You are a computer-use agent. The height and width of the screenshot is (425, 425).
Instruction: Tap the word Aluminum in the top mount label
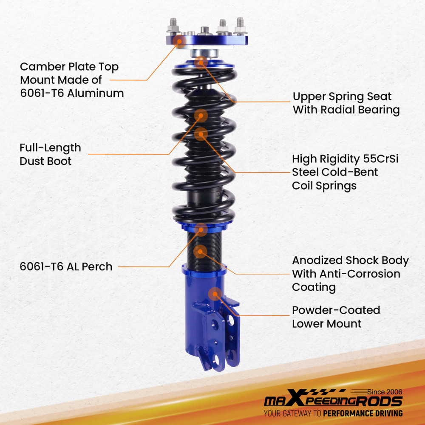tap(95, 93)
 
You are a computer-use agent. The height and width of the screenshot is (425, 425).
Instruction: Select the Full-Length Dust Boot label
tap(50, 155)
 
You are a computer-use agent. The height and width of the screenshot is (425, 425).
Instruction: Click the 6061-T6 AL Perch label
tap(66, 266)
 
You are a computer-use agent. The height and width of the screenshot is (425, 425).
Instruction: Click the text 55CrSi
tap(380, 159)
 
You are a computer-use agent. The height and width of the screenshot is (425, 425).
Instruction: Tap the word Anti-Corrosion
tap(360, 274)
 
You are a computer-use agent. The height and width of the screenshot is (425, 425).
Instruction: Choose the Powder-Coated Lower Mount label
tap(336, 317)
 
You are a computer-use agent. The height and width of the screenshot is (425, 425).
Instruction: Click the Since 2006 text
tap(385, 392)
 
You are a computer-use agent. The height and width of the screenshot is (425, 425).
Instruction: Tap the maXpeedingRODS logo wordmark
tap(333, 399)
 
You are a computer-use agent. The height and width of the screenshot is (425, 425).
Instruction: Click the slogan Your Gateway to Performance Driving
tap(333, 414)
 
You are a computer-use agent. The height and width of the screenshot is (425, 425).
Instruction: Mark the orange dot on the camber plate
tap(179, 42)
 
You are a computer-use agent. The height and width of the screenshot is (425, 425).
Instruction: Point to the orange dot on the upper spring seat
tap(201, 63)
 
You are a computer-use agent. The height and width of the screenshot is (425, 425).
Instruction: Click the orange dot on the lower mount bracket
tap(215, 294)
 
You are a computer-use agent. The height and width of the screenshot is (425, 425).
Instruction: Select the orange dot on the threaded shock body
tap(200, 252)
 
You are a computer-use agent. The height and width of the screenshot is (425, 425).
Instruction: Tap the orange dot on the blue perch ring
tap(201, 229)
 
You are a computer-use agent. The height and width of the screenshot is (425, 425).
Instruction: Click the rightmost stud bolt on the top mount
tap(240, 26)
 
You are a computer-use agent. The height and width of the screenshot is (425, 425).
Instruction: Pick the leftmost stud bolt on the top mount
tap(173, 26)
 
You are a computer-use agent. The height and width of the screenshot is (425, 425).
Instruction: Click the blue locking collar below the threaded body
tap(204, 270)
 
